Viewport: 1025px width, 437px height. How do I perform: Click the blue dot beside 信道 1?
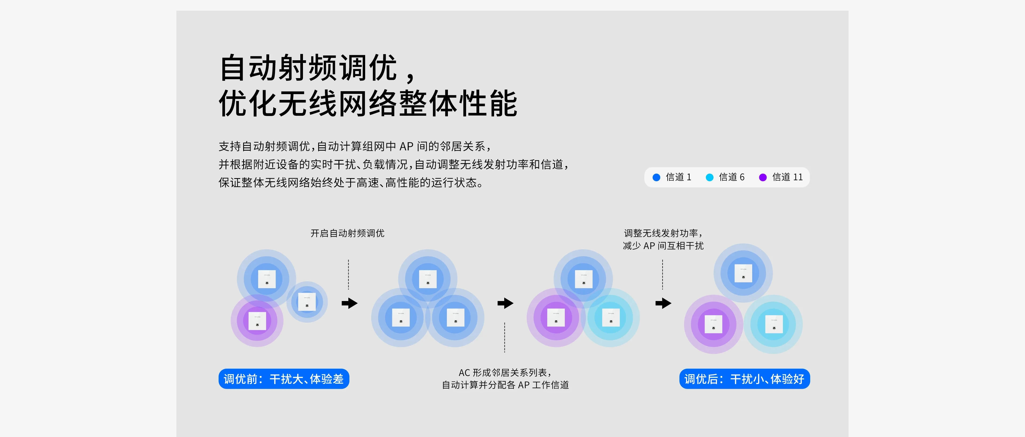(x=656, y=177)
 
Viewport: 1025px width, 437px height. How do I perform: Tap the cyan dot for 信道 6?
(x=709, y=177)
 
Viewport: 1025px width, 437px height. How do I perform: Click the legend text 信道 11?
(x=787, y=177)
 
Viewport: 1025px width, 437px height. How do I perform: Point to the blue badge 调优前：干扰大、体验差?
(x=284, y=379)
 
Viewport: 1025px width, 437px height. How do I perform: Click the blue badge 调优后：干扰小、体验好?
(x=744, y=379)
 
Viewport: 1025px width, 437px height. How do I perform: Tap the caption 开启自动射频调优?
(x=347, y=233)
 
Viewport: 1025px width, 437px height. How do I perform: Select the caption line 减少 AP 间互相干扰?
(x=663, y=246)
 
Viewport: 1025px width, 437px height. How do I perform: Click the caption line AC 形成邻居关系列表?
(x=505, y=372)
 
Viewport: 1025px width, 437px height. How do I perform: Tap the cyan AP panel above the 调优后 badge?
(x=774, y=324)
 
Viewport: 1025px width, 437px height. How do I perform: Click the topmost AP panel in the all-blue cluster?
(x=428, y=279)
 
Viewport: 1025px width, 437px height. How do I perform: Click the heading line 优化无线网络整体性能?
(x=368, y=103)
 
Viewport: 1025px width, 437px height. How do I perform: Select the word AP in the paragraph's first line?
(x=406, y=146)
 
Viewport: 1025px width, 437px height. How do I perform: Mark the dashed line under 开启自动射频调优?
(x=349, y=274)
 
